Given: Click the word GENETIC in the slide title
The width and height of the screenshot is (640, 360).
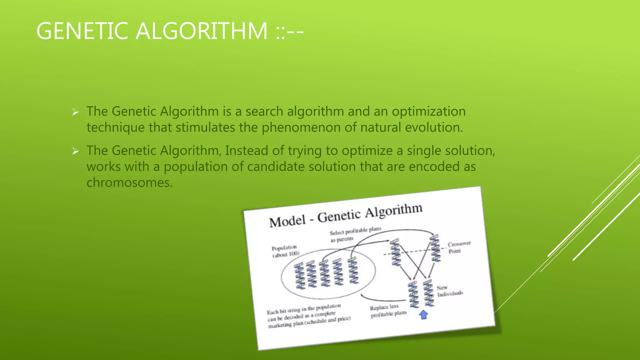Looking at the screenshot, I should pos(82,31).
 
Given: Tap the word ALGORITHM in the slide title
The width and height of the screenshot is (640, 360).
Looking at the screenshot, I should pos(202,31).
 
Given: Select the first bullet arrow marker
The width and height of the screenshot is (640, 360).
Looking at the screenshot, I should pos(75,112).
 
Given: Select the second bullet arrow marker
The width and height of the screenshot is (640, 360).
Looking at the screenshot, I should pos(75,151).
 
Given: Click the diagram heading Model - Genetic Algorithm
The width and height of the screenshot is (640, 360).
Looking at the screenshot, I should pos(346,215).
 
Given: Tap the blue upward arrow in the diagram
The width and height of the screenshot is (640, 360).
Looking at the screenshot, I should pos(423,314).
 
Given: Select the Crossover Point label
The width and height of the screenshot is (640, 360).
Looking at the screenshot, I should pos(459,247).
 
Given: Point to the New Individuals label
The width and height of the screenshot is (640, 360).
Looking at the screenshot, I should pos(449,291).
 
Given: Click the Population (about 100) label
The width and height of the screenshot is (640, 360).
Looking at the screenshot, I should pos(285,251).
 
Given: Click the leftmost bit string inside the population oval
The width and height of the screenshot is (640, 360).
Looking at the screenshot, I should pos(299,276).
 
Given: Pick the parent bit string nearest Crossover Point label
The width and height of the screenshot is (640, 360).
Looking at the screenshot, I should pos(435,249).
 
